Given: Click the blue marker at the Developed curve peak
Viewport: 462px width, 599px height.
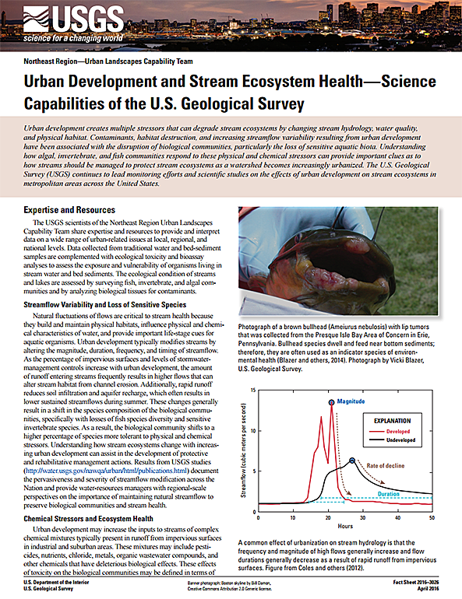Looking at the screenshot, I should coord(331,403).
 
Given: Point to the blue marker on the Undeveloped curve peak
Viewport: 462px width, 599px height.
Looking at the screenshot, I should coord(352,461).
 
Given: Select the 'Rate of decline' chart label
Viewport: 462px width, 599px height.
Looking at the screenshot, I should coord(385,466).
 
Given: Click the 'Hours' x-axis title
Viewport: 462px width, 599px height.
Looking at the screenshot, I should coord(345,526).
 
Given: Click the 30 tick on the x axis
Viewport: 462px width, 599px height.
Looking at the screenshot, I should coord(362,517).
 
